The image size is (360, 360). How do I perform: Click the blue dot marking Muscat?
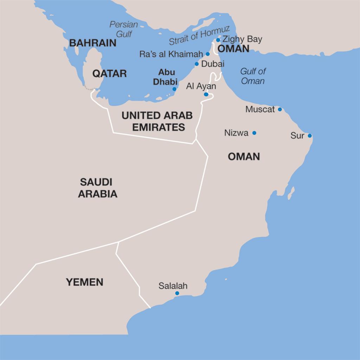pyautogui.click(x=280, y=109)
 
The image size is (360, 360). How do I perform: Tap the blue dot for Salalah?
pyautogui.click(x=177, y=293)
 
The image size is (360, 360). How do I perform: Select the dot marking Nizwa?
pyautogui.click(x=254, y=133)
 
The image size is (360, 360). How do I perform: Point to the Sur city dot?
pyautogui.click(x=310, y=136)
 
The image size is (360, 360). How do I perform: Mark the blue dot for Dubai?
pyautogui.click(x=197, y=64)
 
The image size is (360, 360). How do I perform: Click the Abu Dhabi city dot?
pyautogui.click(x=174, y=89)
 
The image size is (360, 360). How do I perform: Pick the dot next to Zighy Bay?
pyautogui.click(x=218, y=40)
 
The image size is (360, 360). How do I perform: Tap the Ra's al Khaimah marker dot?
pyautogui.click(x=208, y=54)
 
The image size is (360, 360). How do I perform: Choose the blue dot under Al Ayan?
pyautogui.click(x=206, y=94)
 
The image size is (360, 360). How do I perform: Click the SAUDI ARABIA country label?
pyautogui.click(x=97, y=188)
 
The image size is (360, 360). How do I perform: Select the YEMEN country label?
pyautogui.click(x=84, y=282)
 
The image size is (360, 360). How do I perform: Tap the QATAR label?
pyautogui.click(x=109, y=73)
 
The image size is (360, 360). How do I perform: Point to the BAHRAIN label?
pyautogui.click(x=92, y=43)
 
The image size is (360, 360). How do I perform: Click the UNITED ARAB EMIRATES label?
pyautogui.click(x=157, y=121)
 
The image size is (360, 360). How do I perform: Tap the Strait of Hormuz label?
pyautogui.click(x=199, y=36)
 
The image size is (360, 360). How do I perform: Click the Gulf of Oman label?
pyautogui.click(x=253, y=76)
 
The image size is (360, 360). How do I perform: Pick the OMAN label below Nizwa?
pyautogui.click(x=244, y=157)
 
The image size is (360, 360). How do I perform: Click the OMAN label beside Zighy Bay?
pyautogui.click(x=233, y=48)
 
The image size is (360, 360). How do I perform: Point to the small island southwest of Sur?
pyautogui.click(x=291, y=193)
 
